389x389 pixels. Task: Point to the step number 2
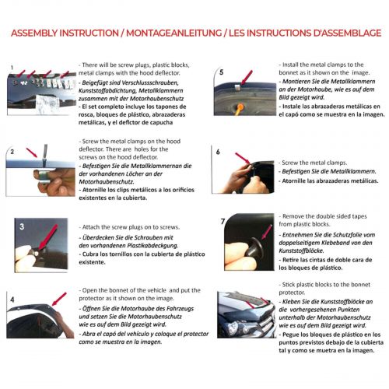tap(12, 151)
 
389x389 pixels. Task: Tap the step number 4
tap(12, 299)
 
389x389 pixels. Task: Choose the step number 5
tap(221, 72)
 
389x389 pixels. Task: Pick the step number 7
tap(223, 221)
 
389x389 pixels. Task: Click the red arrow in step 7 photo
tap(264, 231)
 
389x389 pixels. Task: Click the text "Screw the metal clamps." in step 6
tap(311, 146)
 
